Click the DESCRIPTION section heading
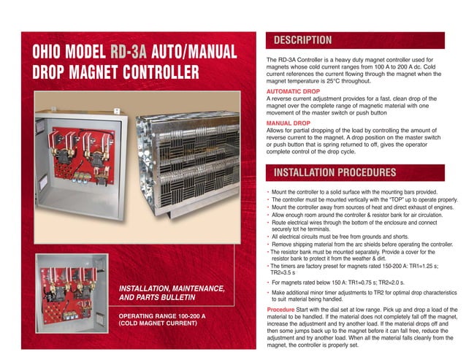coord(302,40)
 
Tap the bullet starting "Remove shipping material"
coord(358,244)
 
